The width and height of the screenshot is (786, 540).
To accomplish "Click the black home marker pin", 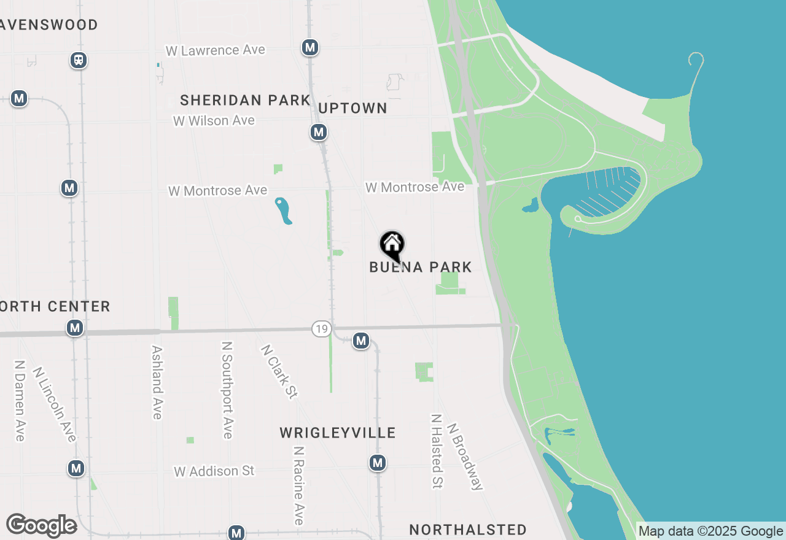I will (392, 246).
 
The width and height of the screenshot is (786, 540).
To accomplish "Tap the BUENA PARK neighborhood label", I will (421, 267).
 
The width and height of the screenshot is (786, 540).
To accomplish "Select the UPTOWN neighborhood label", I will (353, 108).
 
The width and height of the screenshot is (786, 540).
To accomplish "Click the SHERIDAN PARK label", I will (245, 100).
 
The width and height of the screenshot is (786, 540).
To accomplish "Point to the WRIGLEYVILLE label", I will (338, 433).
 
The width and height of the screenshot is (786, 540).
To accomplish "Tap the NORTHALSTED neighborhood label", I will (468, 530).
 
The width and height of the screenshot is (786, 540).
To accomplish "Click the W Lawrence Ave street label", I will (216, 50).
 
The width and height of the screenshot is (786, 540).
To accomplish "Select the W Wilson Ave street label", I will (214, 121).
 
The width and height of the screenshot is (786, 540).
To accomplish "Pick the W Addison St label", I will (214, 471).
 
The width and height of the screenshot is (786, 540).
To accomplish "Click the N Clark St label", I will (279, 371).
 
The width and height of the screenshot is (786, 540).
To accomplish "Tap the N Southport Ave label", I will (227, 390).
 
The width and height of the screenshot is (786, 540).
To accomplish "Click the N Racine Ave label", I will (299, 485).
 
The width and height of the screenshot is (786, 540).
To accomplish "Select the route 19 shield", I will (321, 329).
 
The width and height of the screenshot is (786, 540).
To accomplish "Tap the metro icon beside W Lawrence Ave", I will (310, 47).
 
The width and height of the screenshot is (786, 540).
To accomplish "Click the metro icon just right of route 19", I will (361, 341).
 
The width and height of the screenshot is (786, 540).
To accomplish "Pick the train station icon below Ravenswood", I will (79, 60).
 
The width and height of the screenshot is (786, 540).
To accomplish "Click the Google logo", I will (42, 525).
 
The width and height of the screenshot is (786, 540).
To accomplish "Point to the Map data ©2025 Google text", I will (711, 531).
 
